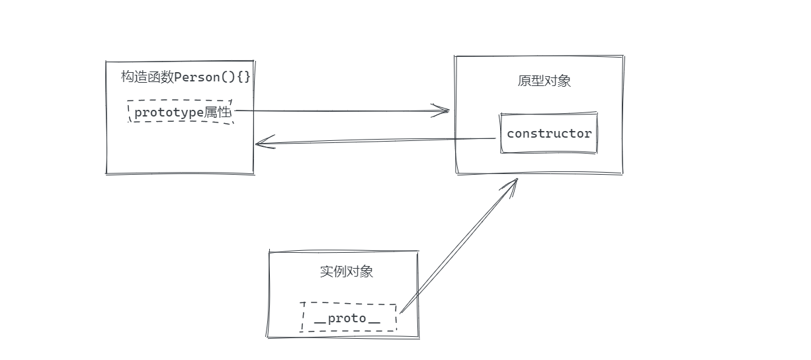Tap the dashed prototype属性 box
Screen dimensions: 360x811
181,112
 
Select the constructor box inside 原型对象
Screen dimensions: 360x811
549,133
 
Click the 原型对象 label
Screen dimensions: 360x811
544,81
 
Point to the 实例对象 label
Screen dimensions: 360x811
346,271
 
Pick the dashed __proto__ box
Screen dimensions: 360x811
349,318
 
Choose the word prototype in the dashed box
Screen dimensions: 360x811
169,112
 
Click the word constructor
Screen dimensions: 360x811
549,133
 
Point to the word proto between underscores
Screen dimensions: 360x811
347,318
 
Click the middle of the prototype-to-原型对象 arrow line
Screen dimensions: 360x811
341,111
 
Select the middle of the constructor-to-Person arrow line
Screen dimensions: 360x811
376,140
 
